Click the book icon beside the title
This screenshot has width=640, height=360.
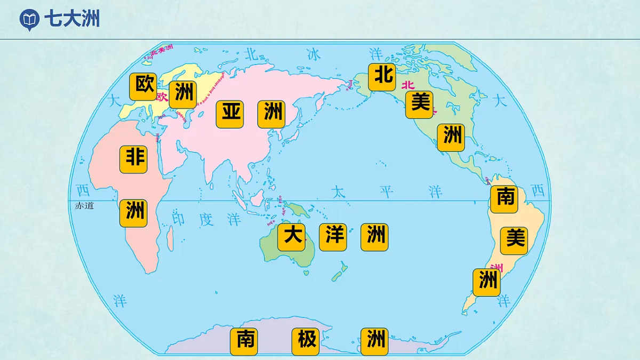coord(29,20)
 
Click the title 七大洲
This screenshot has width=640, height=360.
coord(71,19)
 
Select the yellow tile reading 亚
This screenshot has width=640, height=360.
coord(230,114)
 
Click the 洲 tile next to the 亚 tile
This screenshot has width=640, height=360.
coord(271,114)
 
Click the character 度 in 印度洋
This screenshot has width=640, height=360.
coord(206,219)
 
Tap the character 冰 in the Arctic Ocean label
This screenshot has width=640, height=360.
coord(314,54)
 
